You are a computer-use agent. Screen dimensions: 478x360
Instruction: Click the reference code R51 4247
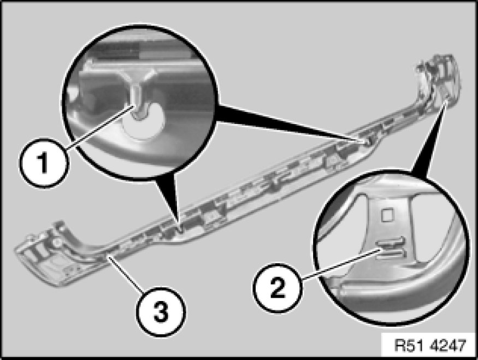pyautogui.click(x=429, y=346)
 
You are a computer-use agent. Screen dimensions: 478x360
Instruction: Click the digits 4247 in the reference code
pyautogui.click(x=445, y=346)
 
